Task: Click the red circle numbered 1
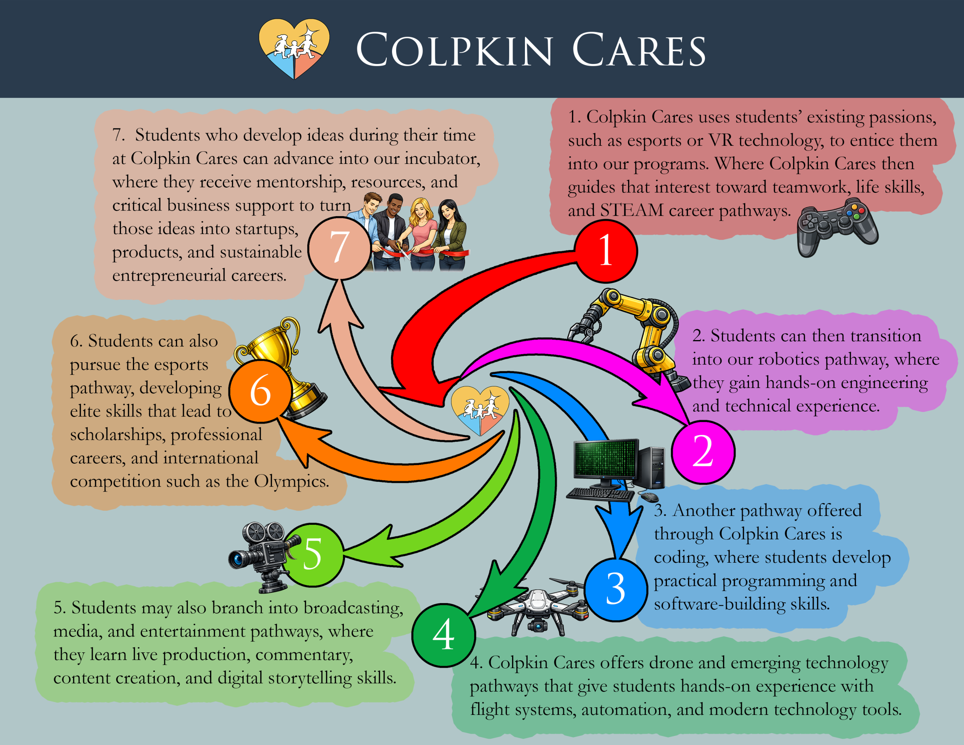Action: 606,251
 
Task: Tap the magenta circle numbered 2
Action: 703,452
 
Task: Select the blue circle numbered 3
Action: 616,589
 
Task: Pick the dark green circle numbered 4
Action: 444,635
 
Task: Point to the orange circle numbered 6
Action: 261,390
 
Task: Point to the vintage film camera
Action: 261,554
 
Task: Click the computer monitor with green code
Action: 606,459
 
